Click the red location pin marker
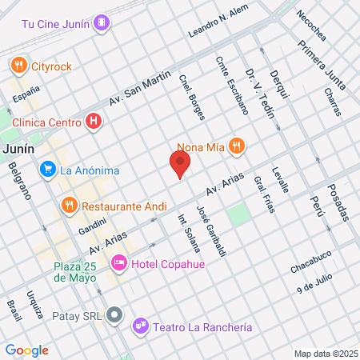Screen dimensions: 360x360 pos(180,165)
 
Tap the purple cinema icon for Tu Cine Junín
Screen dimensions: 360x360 pos(100,22)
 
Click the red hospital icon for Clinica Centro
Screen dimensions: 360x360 pos(94,122)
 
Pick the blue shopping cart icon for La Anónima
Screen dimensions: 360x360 pos(47,170)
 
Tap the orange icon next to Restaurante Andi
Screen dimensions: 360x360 pos(70,206)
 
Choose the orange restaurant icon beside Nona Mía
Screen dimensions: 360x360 pos(235,146)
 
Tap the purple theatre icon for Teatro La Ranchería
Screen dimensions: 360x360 pos(141,326)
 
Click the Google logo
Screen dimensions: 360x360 pos(26,350)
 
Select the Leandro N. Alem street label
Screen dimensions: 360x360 pos(218,22)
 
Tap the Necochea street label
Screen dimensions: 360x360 pos(310,26)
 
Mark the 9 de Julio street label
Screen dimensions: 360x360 pos(314,281)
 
